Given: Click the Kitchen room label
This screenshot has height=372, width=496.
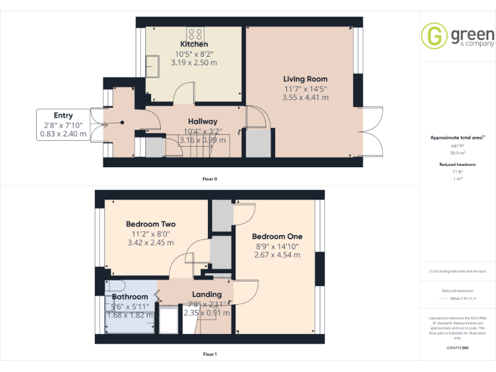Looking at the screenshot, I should [x=194, y=44].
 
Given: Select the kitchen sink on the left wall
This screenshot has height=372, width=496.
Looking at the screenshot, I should [x=153, y=65].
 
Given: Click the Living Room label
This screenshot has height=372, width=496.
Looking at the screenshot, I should [x=305, y=79].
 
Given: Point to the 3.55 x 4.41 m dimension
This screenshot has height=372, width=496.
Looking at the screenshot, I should [x=305, y=98].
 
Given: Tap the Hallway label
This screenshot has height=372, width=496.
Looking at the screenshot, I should [x=202, y=121].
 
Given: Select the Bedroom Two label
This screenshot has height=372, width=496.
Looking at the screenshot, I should [x=150, y=224].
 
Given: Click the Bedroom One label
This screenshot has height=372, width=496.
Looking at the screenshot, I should [x=277, y=236].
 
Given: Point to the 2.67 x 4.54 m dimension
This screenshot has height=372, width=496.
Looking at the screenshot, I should [x=277, y=254].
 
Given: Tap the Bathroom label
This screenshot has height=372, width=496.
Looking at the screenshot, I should [x=130, y=297].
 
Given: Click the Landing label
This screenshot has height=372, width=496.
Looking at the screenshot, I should [x=207, y=294].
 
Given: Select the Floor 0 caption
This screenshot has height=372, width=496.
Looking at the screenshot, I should [x=210, y=178].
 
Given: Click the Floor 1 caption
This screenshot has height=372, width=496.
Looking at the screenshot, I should [x=210, y=354].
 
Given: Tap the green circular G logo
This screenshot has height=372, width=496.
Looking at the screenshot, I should [x=433, y=36].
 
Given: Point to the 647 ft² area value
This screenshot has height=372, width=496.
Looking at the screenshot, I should [x=458, y=147].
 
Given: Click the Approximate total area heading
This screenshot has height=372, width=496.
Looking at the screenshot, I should [x=457, y=138].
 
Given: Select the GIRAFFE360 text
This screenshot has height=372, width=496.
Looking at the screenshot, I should [x=458, y=347].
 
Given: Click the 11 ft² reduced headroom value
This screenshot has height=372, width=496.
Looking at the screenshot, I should [x=458, y=171].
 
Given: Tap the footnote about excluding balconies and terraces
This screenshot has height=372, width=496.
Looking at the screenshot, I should [x=457, y=271].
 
